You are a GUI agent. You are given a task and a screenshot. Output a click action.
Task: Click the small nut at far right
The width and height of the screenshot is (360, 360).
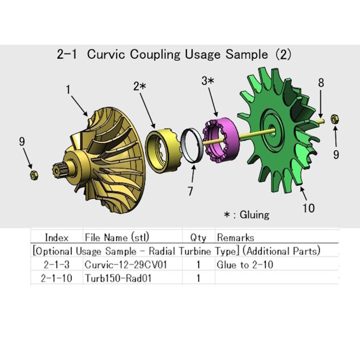click(335, 119)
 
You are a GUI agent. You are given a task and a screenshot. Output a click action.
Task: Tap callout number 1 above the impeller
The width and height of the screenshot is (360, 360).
click(68, 90)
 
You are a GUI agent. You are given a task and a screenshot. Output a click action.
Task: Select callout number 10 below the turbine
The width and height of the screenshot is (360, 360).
click(308, 207)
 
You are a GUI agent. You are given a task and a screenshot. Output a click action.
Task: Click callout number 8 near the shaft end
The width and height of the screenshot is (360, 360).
click(321, 83)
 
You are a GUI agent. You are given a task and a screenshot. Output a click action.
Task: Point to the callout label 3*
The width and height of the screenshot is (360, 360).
click(208, 80)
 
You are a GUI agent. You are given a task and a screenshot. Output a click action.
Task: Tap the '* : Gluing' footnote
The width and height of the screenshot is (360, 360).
click(246, 214)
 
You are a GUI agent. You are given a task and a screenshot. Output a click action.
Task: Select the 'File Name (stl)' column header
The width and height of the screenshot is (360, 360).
click(117, 237)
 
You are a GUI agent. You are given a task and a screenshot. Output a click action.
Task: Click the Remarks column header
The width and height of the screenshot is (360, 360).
click(235, 237)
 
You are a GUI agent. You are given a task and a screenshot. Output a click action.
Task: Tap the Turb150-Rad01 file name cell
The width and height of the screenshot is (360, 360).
click(117, 278)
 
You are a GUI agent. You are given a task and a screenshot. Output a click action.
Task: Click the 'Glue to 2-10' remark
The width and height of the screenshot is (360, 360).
click(245, 264)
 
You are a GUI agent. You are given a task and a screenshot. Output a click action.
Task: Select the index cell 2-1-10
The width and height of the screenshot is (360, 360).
click(56, 278)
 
